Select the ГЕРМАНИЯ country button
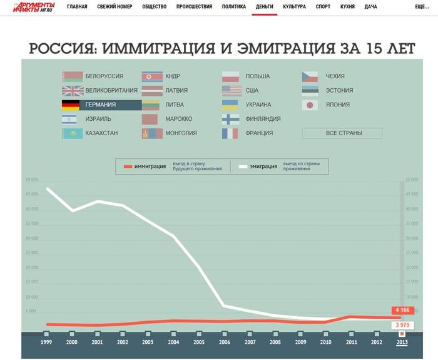pos(100,105)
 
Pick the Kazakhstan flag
pos(71,133)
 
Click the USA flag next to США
pos(230,91)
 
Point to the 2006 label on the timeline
pos(223,342)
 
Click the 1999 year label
pos(46,342)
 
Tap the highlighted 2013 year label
pos(402,342)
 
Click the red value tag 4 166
pos(401,310)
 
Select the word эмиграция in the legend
pos(263,167)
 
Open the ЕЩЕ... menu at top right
pos(422,6)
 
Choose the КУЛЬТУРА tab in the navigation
pos(294,6)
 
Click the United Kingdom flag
pos(71,91)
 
